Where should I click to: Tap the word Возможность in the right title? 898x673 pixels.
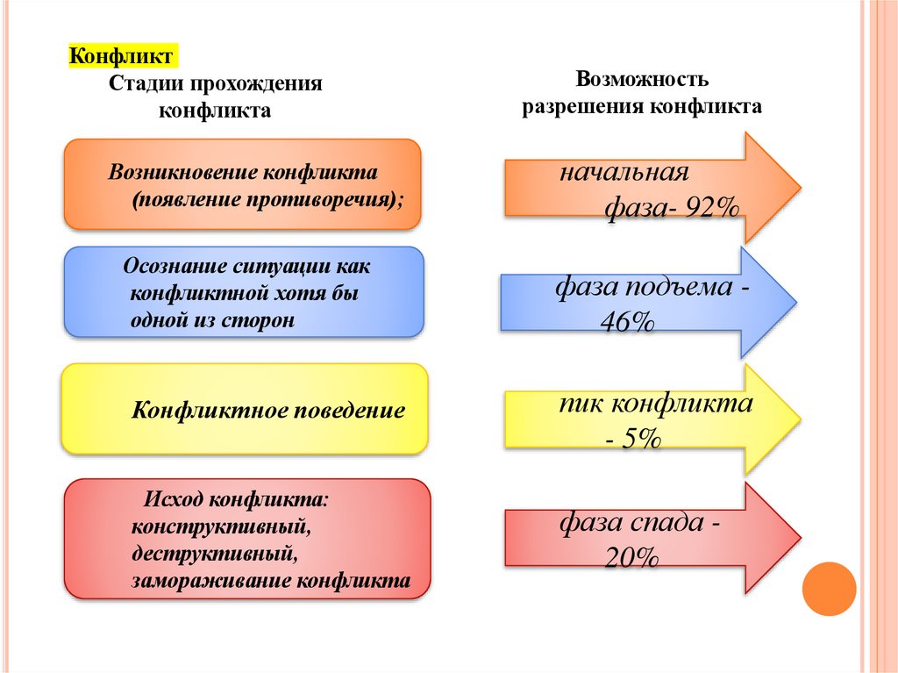pos(642,79)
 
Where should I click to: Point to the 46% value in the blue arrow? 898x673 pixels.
pos(627,322)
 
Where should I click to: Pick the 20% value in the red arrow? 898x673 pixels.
pos(631,557)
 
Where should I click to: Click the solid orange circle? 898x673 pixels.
pos(829,588)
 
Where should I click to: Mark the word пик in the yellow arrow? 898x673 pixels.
pos(579,405)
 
